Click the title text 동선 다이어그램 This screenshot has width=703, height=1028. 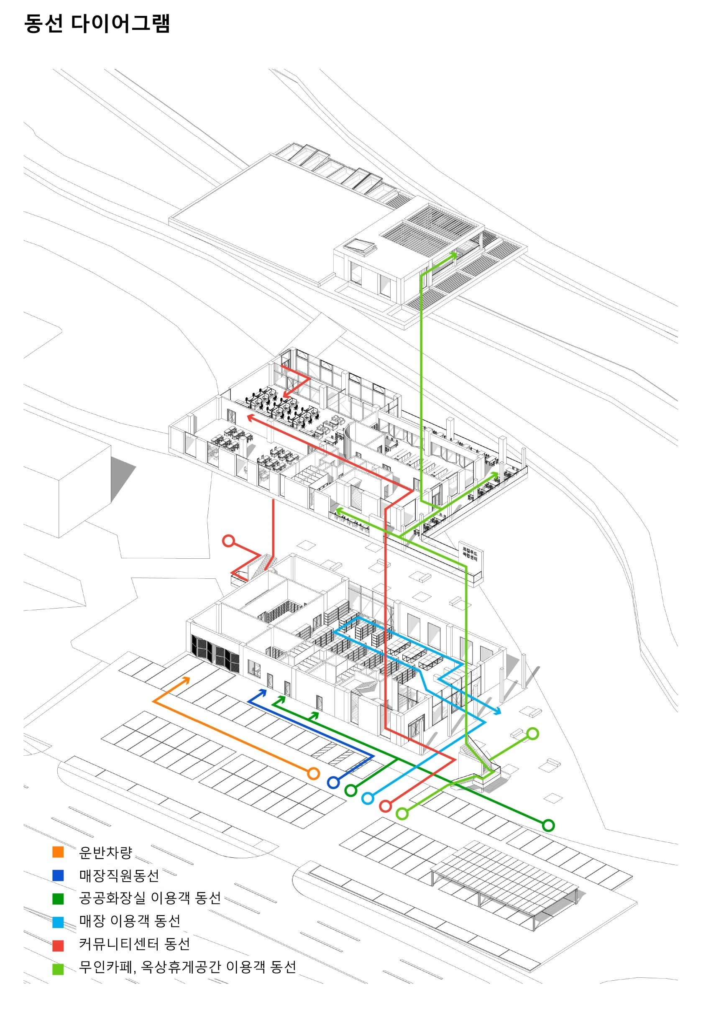pos(97,23)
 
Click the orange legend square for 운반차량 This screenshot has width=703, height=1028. pos(58,852)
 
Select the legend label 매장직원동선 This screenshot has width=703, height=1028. pos(119,875)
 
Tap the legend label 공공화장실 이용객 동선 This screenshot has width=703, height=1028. pos(150,898)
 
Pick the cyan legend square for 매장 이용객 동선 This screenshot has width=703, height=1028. pos(58,922)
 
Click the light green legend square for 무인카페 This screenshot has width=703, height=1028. pos(58,969)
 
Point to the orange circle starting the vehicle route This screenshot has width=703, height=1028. pos(313,773)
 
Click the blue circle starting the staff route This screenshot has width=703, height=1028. pos(333,782)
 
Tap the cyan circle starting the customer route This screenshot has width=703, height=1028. pos(368,798)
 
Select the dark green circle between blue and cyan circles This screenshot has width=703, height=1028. pos(350,790)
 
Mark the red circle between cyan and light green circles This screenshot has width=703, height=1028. pos(385,806)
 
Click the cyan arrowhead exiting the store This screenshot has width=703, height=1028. pos(498,712)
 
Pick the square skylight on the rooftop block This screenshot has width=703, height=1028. pos(361,246)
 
